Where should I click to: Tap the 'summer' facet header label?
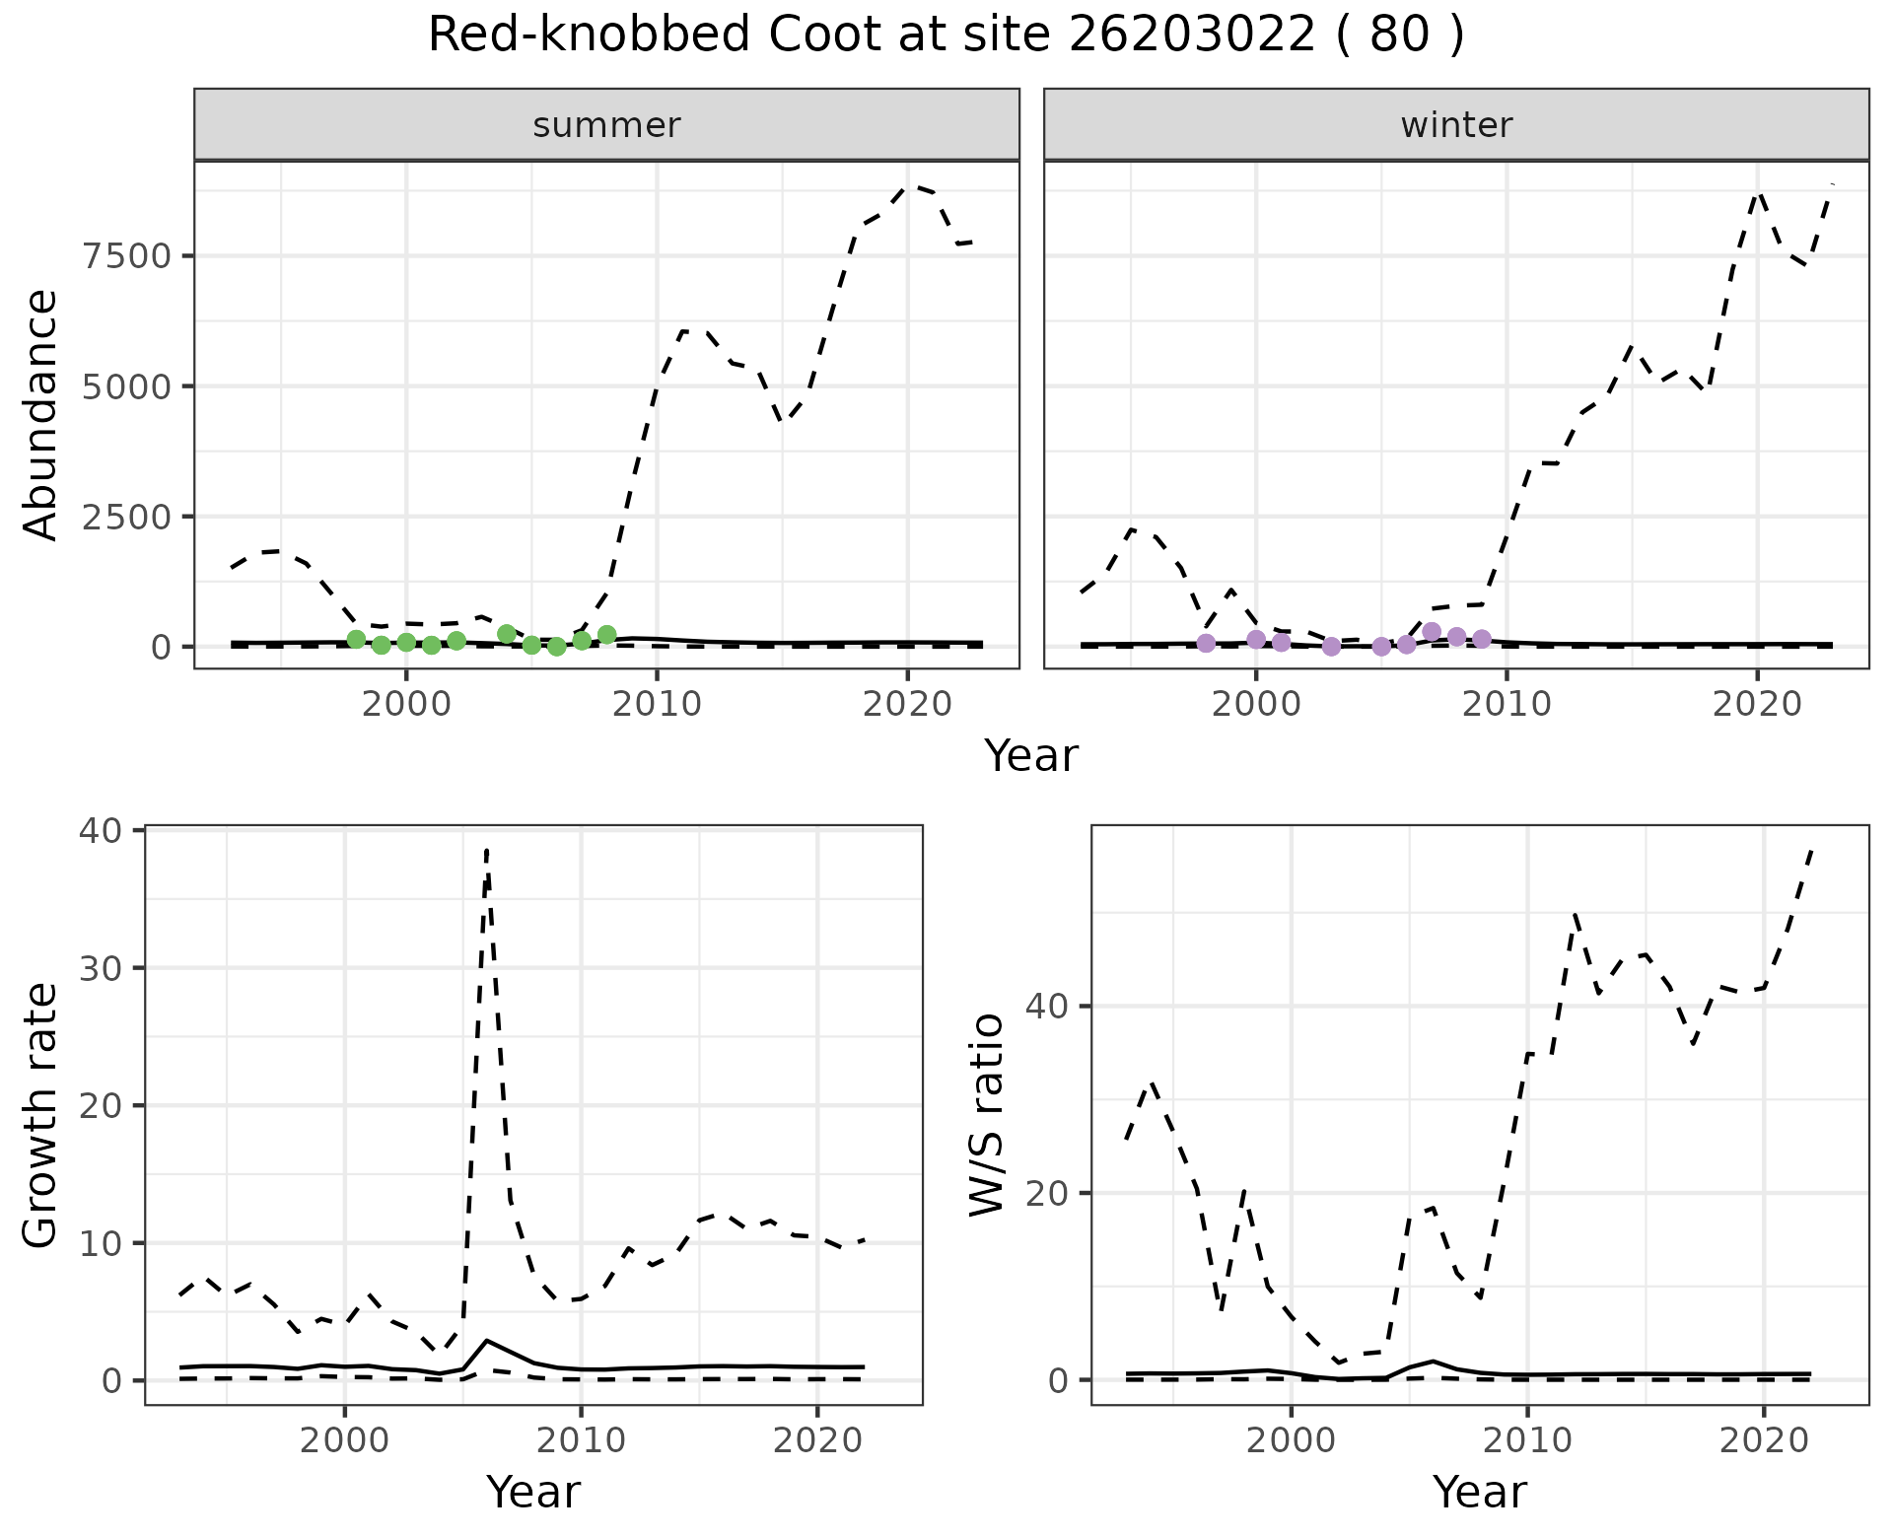point(606,125)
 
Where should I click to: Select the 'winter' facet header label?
point(1456,125)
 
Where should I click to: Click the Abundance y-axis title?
point(41,415)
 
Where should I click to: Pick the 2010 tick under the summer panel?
point(657,704)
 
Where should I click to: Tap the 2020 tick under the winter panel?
point(1756,704)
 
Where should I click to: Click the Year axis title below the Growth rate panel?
point(533,1492)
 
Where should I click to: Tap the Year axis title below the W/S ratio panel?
point(1480,1492)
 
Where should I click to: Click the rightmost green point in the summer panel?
point(607,635)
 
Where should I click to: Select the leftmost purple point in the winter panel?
point(1206,644)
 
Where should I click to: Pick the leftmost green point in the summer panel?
point(357,640)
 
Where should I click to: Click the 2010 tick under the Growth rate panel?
point(581,1440)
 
